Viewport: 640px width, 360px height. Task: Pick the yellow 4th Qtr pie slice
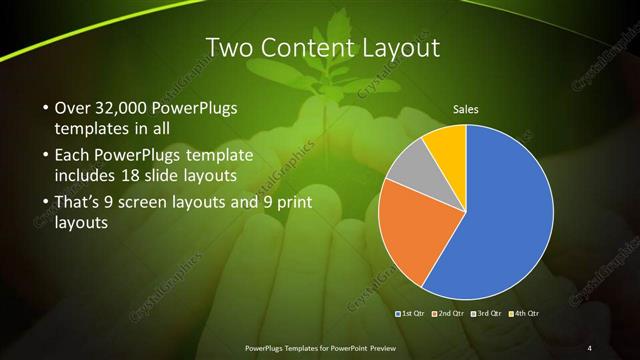coord(446,144)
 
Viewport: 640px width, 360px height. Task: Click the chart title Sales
coord(465,108)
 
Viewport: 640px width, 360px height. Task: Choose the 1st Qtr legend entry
coord(412,313)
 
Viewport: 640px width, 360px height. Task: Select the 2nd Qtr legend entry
coord(449,313)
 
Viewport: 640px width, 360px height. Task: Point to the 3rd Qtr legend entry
coord(487,313)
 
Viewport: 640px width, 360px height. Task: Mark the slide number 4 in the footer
coord(590,347)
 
